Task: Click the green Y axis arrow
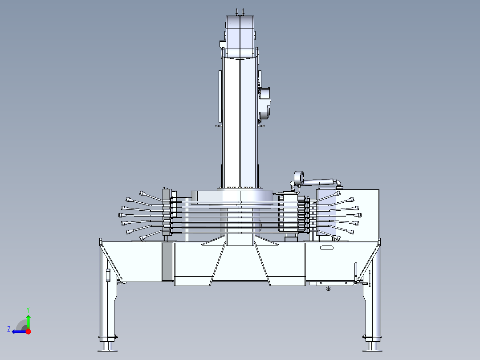(x=28, y=321)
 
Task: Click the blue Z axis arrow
(x=18, y=331)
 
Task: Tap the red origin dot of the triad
(x=28, y=331)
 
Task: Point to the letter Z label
(x=9, y=329)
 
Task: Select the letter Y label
(x=28, y=309)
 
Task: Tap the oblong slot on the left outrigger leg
(x=107, y=275)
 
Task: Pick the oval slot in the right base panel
(x=326, y=248)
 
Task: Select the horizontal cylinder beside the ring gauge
(x=320, y=181)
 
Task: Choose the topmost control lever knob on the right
(x=337, y=193)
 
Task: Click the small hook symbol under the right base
(x=328, y=289)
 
